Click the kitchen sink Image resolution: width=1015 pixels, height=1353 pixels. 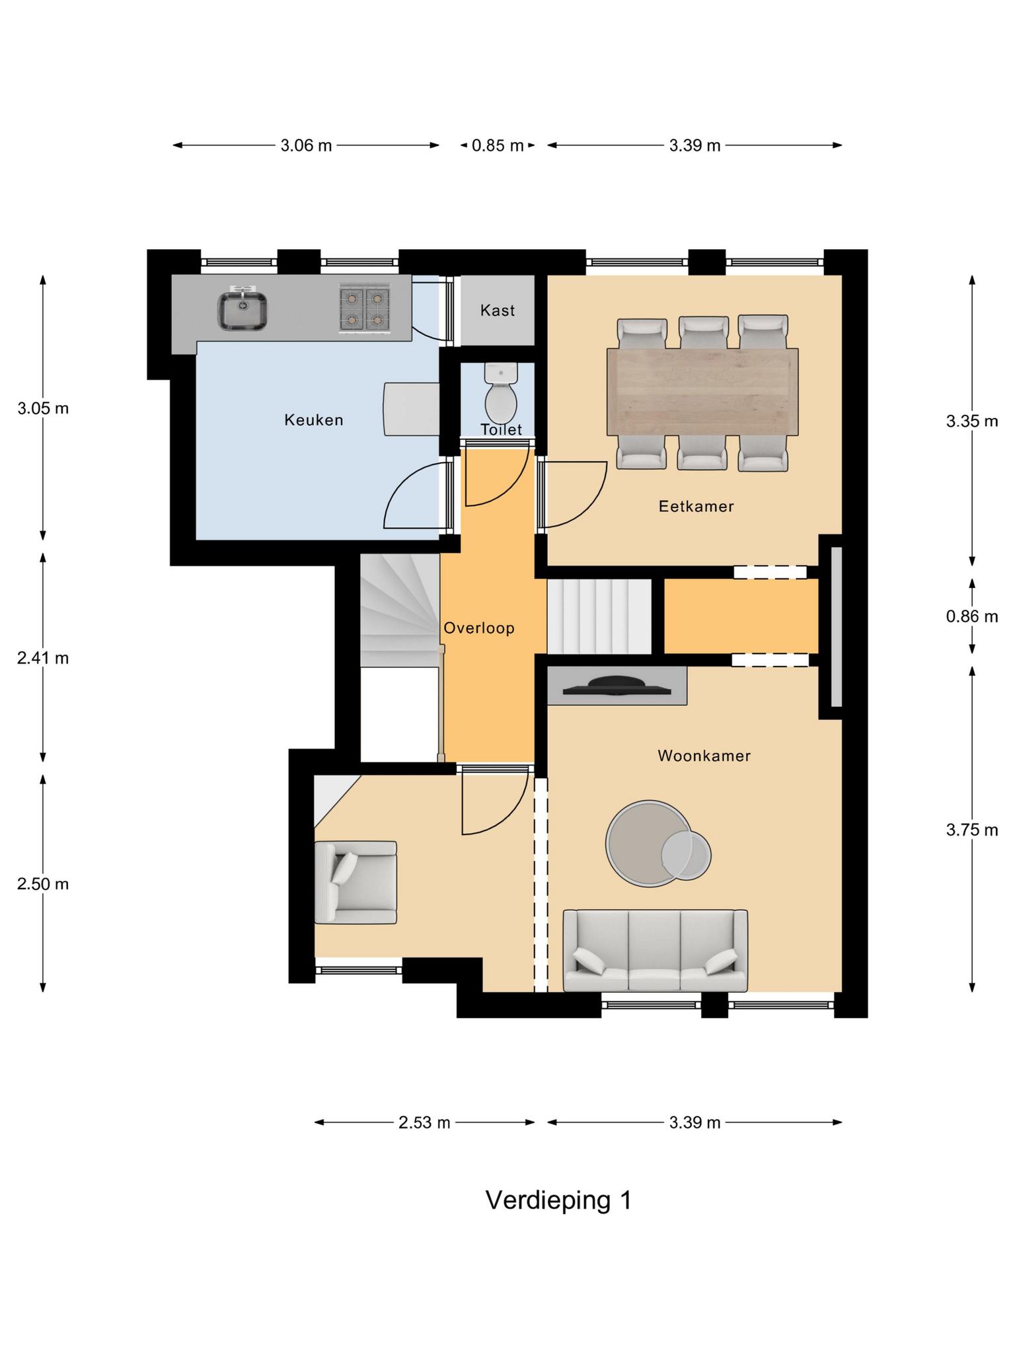243,308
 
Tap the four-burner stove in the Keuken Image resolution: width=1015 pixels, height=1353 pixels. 364,308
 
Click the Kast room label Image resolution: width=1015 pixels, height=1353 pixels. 498,310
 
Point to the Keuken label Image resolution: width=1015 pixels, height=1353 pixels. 314,420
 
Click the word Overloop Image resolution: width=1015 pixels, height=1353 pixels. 479,628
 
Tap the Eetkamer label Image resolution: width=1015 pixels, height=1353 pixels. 696,506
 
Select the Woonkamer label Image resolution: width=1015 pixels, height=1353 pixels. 704,755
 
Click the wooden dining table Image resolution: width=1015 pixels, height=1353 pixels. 702,392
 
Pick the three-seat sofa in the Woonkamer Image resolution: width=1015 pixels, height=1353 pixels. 656,950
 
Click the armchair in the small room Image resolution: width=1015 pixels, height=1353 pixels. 356,882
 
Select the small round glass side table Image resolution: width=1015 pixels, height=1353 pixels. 687,855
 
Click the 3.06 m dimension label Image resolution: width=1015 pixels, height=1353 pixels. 306,145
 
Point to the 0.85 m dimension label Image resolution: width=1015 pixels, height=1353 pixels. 498,145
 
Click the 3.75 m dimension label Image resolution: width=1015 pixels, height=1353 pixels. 971,830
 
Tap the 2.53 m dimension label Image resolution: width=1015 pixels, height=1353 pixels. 424,1122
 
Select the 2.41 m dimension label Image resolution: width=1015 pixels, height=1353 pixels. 43,658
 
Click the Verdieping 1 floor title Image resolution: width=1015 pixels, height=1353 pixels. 558,1200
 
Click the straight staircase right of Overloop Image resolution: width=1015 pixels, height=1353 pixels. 599,616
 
